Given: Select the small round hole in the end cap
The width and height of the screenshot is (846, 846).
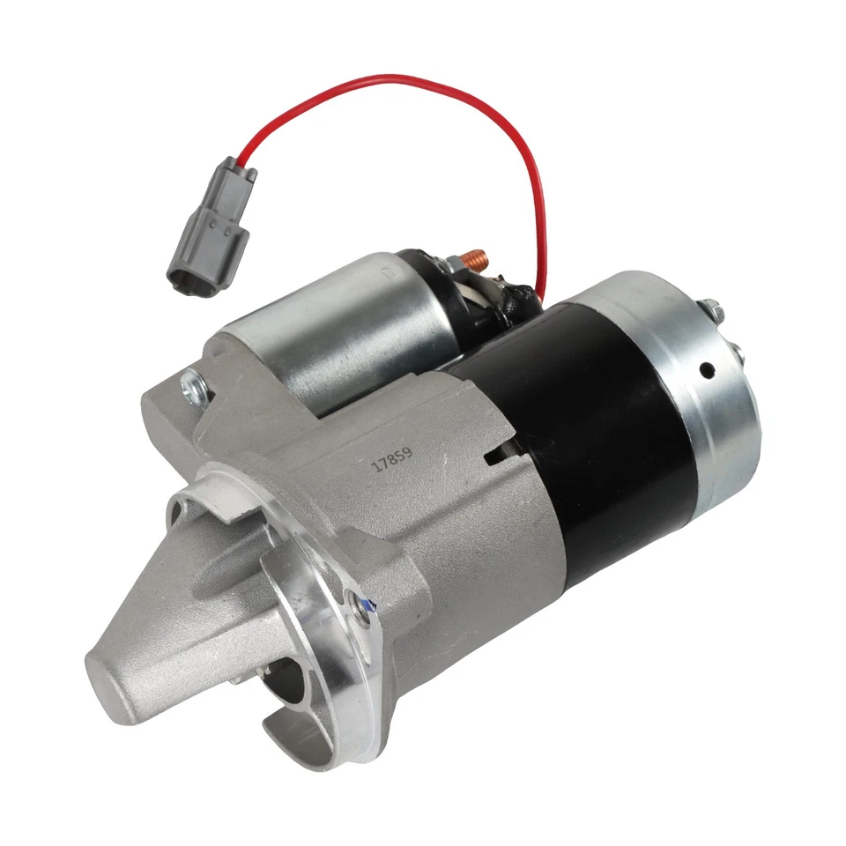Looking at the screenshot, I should click(707, 371).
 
